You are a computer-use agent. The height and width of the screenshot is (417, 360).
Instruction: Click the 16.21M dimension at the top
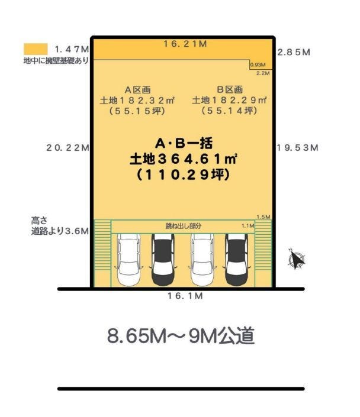click(185, 44)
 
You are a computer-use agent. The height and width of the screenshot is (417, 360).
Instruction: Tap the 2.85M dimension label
click(294, 52)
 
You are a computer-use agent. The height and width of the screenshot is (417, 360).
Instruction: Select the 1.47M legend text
click(72, 49)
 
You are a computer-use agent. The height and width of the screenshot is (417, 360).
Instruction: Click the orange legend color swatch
click(36, 49)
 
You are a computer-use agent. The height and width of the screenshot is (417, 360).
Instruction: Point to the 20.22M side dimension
click(67, 148)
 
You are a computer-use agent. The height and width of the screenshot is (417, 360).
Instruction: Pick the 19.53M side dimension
click(297, 148)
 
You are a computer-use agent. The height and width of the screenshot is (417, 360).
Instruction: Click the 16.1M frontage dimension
click(185, 296)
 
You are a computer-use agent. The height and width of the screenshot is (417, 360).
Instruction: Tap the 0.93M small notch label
click(258, 64)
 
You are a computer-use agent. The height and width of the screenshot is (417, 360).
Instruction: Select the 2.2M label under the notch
click(263, 73)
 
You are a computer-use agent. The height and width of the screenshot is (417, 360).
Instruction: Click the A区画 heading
click(137, 90)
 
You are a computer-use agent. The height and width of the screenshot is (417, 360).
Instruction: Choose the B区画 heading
click(230, 90)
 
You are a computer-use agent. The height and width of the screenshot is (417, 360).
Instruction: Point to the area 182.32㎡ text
click(137, 101)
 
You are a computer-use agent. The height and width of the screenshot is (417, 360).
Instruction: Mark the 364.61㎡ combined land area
click(183, 159)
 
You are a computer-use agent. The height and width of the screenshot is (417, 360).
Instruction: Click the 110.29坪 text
click(183, 175)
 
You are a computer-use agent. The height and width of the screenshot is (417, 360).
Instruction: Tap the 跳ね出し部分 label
click(183, 227)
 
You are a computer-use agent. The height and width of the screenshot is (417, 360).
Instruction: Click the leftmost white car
click(128, 260)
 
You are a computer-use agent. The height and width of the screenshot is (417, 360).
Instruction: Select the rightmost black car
click(236, 260)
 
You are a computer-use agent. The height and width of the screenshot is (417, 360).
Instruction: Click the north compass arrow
click(296, 259)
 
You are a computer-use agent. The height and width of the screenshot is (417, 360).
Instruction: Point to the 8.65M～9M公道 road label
click(181, 336)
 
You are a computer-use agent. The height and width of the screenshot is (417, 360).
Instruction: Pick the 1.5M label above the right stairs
click(263, 217)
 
